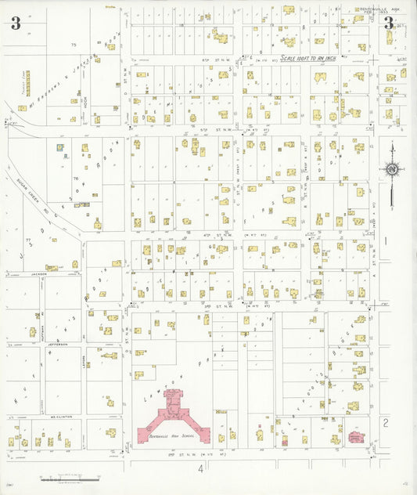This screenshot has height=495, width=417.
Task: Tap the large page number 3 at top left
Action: [x=16, y=23]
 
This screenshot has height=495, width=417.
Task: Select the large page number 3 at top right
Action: [x=389, y=23]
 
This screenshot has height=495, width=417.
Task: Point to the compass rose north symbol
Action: [x=392, y=168]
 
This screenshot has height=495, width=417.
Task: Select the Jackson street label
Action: [x=39, y=274]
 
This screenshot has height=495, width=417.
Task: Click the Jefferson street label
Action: [x=58, y=344]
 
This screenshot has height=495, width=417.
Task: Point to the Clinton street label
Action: [x=61, y=417]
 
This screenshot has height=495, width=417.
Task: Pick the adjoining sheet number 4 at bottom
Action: [x=200, y=468]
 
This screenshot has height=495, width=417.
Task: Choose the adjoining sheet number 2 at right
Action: [x=385, y=423]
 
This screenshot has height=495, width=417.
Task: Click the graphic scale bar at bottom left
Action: [x=70, y=475]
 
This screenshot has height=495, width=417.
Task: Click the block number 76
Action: [x=76, y=179]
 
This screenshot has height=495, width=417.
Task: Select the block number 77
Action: [x=27, y=240]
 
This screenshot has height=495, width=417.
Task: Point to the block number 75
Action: [x=74, y=45]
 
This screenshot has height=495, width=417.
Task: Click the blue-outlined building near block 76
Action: [x=59, y=146]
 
